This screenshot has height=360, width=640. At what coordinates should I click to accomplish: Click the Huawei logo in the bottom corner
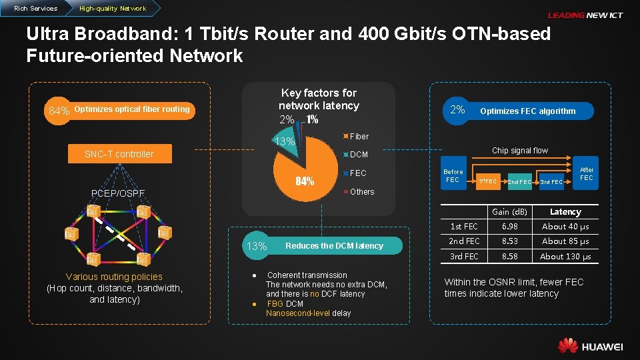click(x=591, y=345)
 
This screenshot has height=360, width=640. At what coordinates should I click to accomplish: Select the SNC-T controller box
click(x=119, y=154)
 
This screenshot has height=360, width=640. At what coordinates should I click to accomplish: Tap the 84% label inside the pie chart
click(x=305, y=181)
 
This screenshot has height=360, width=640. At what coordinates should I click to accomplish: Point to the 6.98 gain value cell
click(x=510, y=227)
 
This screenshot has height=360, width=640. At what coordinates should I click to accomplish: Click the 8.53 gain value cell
click(x=510, y=241)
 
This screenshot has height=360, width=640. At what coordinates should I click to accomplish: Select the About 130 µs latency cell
click(x=565, y=257)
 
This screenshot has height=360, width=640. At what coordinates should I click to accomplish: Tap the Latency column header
click(x=565, y=212)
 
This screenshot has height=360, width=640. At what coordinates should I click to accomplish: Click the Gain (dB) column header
click(x=510, y=212)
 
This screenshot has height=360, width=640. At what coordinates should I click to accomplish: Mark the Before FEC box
click(x=453, y=175)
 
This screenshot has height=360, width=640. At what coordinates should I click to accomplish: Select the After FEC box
click(x=586, y=173)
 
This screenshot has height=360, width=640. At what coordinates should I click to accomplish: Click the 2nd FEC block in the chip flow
click(x=519, y=181)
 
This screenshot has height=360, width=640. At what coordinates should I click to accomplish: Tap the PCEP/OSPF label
click(x=118, y=193)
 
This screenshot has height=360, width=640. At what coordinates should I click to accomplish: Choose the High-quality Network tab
click(x=112, y=9)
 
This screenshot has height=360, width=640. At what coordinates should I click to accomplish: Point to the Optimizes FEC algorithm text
click(x=527, y=111)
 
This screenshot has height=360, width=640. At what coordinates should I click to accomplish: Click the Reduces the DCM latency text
click(x=334, y=246)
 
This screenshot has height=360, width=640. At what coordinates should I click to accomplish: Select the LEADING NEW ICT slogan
click(x=585, y=15)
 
